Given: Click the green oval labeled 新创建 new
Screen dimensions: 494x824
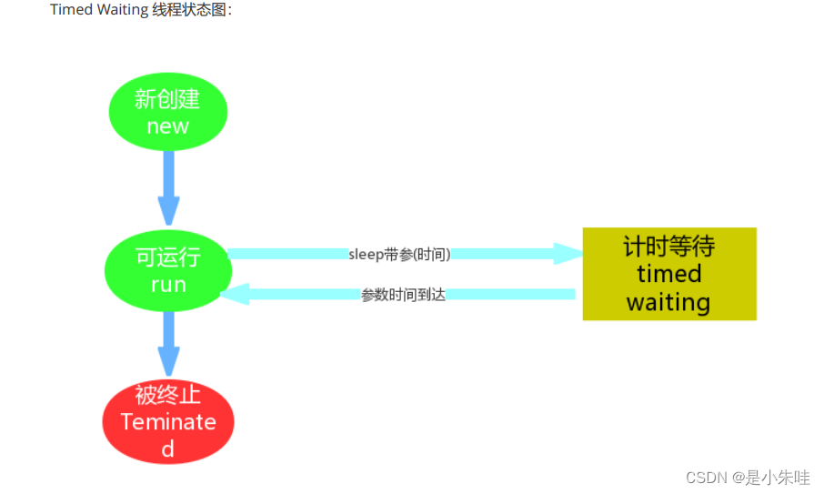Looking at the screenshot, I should [167, 112].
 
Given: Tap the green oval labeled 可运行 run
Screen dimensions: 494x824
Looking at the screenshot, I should [167, 271].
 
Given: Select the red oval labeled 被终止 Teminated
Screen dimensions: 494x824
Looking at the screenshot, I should [168, 421].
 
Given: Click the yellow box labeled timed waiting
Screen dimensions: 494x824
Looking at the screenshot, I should [669, 274].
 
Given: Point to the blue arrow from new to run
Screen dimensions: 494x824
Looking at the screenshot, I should [168, 187].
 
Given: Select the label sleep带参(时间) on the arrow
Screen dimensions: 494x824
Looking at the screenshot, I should [399, 254].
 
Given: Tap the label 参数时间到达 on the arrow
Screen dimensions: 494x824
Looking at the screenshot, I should [403, 295].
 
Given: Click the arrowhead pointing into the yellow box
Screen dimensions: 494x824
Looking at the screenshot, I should [568, 254].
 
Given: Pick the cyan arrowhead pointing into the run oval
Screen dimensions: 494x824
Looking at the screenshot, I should [235, 294].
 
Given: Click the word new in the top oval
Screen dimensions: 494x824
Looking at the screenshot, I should [167, 126].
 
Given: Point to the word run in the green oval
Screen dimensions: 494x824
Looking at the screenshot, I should [168, 285].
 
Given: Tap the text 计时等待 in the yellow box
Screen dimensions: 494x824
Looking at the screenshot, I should [669, 246].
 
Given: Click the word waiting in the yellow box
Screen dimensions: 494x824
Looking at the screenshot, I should [668, 302].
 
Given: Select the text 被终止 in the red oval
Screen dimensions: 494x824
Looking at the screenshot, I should [167, 396].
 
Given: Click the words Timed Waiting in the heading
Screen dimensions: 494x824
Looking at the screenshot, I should [99, 10].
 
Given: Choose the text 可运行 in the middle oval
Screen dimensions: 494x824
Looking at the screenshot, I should [167, 258].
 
